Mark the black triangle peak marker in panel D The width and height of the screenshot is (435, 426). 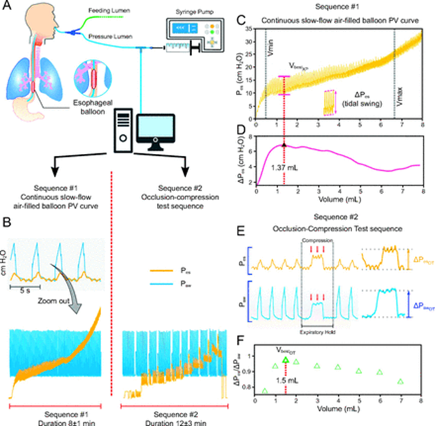coord(284,145)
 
